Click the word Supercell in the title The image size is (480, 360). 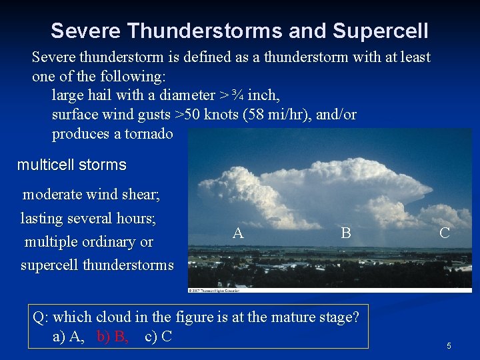[x=380, y=31]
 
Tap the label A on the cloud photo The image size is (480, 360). [x=238, y=233]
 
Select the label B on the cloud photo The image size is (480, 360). [x=345, y=233]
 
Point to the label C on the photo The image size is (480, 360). [x=444, y=233]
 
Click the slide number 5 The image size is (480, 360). [x=449, y=346]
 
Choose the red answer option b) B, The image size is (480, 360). [x=113, y=336]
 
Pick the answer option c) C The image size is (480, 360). [x=159, y=336]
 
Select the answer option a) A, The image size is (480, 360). [x=69, y=336]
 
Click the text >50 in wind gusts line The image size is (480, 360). [x=191, y=115]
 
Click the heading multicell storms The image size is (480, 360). [x=71, y=164]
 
